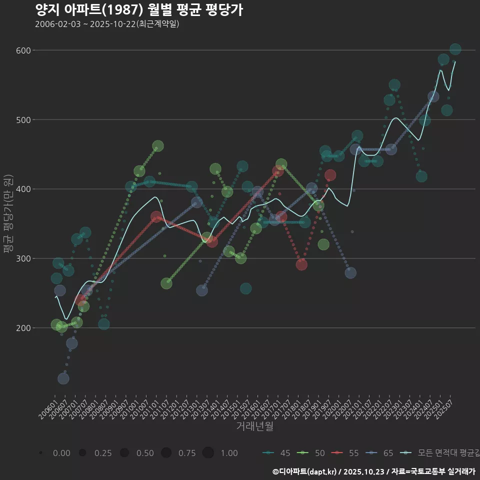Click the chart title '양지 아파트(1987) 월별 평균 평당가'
[139, 10]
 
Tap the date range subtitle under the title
[107, 24]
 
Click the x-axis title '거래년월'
[254, 426]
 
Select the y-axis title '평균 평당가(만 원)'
[7, 214]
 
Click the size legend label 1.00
[229, 453]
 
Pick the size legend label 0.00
[61, 453]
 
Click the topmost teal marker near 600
[455, 49]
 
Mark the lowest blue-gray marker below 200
[63, 378]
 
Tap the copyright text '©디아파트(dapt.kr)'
[305, 471]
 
